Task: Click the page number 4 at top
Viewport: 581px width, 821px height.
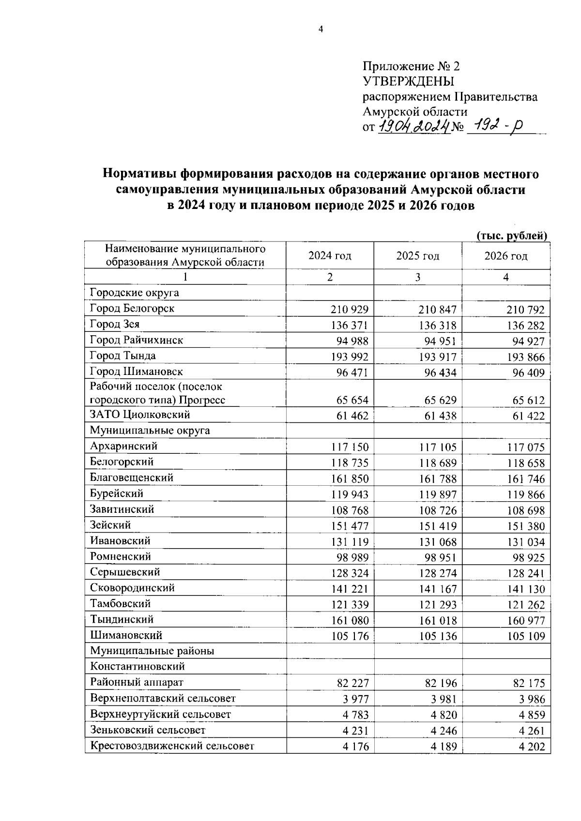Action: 320,30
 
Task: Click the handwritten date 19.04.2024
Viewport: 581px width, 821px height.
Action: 413,127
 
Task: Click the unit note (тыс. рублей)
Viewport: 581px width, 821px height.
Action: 512,236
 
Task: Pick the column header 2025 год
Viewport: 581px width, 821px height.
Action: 417,256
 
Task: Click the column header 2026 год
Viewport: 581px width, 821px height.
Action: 505,256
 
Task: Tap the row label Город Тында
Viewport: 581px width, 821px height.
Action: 123,356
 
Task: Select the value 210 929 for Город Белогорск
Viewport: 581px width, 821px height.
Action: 350,310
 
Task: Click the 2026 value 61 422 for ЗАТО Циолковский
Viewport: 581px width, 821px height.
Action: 528,416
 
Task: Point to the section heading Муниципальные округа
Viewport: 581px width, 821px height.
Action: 150,431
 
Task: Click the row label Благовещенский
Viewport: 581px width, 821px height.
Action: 132,478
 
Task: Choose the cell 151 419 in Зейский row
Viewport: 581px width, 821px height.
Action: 438,526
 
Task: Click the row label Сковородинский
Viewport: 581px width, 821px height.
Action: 132,588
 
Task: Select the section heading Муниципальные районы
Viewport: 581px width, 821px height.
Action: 152,651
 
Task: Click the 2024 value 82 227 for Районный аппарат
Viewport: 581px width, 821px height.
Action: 352,684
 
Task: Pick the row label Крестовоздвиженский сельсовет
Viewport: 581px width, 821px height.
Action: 172,746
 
